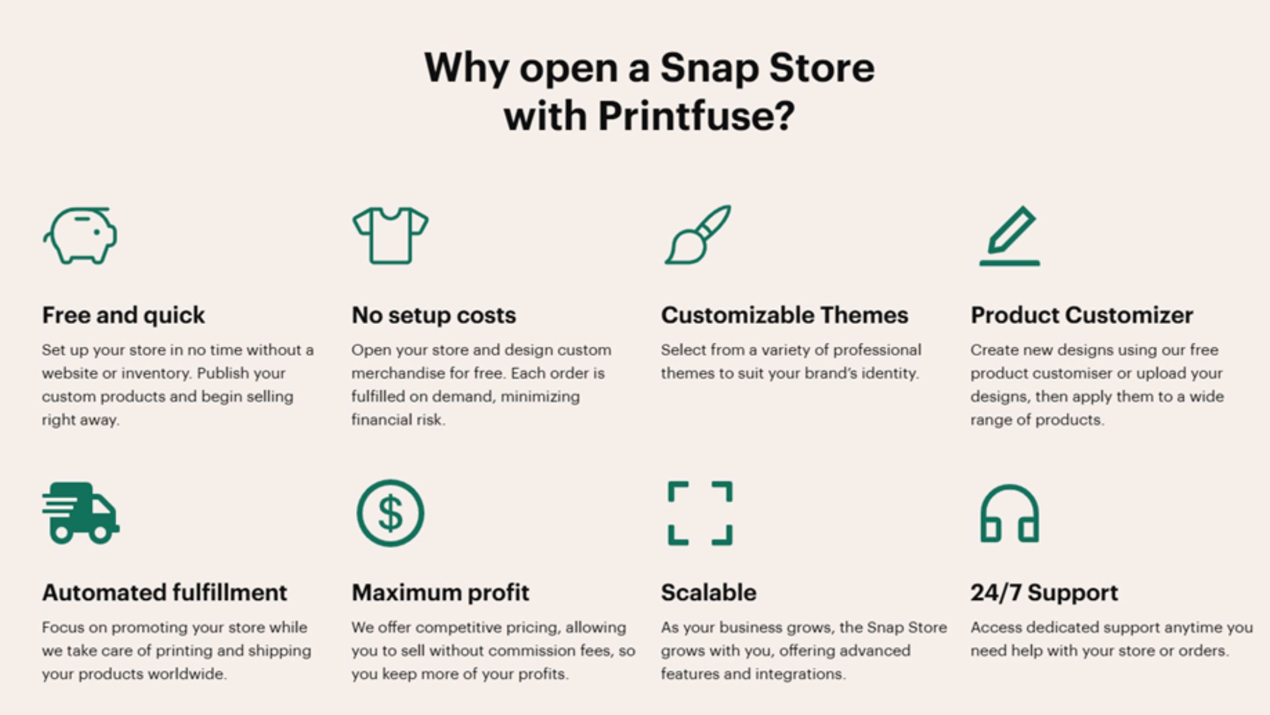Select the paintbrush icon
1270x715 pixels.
(698, 235)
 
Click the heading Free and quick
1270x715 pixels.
(124, 315)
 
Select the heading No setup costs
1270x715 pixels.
(434, 315)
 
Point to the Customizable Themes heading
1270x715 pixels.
(785, 315)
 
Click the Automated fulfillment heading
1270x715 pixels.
(164, 592)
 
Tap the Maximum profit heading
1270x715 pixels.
(441, 593)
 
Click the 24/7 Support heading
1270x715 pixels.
(1044, 593)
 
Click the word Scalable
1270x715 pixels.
(709, 592)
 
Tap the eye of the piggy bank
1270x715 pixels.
(96, 232)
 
